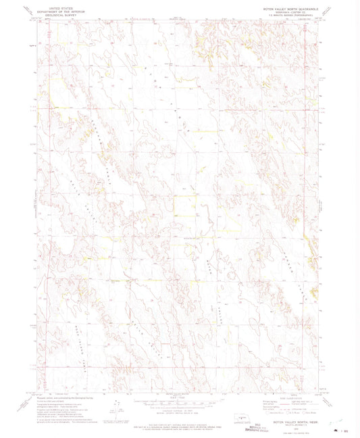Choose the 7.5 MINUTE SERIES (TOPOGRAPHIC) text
click(287, 12)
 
